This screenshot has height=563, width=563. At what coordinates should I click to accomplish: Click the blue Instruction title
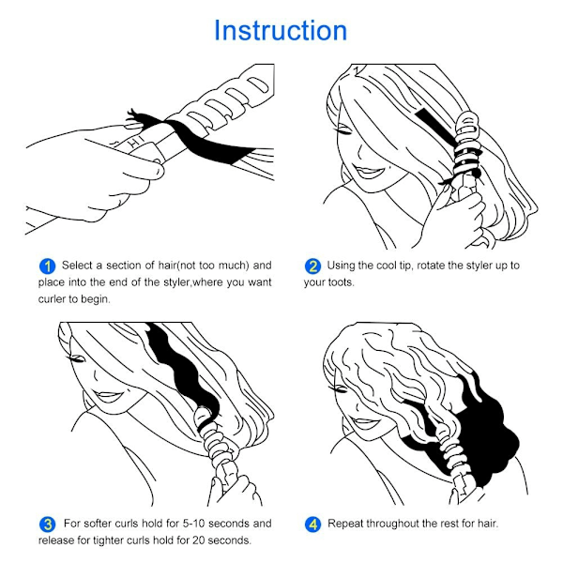coord(281,30)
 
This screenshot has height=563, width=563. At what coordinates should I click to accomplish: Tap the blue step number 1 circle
coord(47,266)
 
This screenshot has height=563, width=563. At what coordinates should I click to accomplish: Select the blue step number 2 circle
coord(312,266)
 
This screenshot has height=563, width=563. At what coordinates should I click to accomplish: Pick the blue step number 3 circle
coord(48,525)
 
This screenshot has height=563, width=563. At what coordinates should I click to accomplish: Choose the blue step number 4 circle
coord(312,525)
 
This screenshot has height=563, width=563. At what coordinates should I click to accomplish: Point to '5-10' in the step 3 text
coord(193,524)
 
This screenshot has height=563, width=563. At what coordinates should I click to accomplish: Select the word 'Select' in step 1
coord(78,266)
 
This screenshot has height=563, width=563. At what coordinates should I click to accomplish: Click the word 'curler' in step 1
coord(52,299)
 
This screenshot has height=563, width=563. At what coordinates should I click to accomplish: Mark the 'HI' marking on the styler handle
coord(137,142)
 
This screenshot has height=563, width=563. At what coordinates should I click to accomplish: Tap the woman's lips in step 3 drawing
coord(108,396)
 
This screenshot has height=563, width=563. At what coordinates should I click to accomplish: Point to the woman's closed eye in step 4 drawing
coord(338,389)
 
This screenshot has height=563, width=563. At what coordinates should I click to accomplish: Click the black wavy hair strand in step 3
coord(184,373)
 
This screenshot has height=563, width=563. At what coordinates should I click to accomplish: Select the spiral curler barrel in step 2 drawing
coord(466,144)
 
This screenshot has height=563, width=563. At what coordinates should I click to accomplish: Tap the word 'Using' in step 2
coord(341,266)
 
